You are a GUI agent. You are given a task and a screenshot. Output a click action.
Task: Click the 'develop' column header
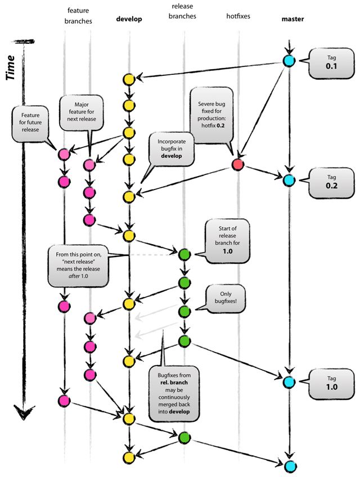point(129,19)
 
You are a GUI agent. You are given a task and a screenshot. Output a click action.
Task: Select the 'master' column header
point(292,19)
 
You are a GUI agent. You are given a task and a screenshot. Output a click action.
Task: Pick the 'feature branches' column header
point(79,16)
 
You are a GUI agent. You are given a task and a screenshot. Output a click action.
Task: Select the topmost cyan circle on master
point(289,61)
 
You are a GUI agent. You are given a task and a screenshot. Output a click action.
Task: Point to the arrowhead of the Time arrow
point(22,413)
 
